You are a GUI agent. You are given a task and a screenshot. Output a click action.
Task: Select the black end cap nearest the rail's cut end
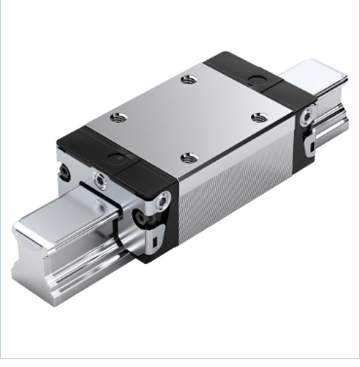click(136, 195)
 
